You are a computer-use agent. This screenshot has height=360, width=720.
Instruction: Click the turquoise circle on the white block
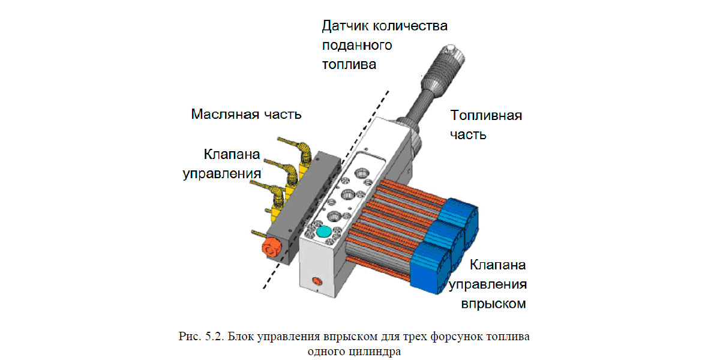tap(324, 231)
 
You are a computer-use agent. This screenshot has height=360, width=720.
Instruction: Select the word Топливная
tap(486, 115)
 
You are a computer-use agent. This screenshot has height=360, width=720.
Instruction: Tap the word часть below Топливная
tap(468, 134)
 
